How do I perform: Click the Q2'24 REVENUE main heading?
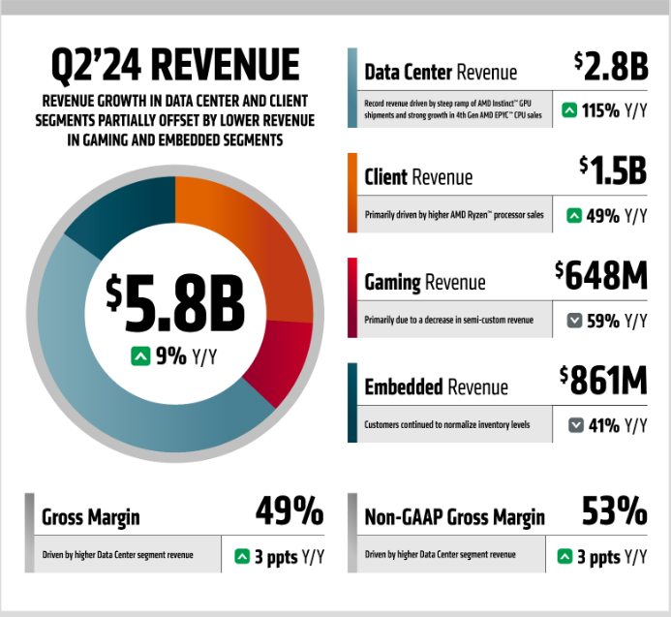[175, 66]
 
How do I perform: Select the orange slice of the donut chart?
[252, 242]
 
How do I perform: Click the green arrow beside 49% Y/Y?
[575, 215]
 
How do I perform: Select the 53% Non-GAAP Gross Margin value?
[614, 509]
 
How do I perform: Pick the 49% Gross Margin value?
[289, 509]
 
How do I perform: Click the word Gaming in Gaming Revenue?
[392, 283]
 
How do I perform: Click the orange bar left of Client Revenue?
[351, 193]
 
